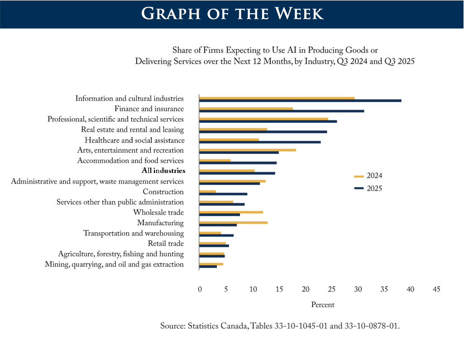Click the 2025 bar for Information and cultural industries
[x=300, y=101]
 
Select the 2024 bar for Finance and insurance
[x=246, y=109]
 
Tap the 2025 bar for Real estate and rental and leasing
[x=263, y=132]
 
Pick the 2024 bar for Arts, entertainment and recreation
[x=248, y=150]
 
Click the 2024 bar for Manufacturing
[x=234, y=223]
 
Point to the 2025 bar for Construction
[x=223, y=194]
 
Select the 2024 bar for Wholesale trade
[x=231, y=212]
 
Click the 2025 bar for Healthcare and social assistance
[x=260, y=142]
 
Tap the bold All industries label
[x=163, y=171]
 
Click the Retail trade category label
[x=166, y=244]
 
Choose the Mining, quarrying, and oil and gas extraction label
[x=114, y=264]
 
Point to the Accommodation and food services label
[x=130, y=161]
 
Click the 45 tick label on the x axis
[x=436, y=289]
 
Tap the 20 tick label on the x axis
[x=306, y=289]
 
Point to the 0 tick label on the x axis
[x=200, y=289]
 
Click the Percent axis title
[x=323, y=305]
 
